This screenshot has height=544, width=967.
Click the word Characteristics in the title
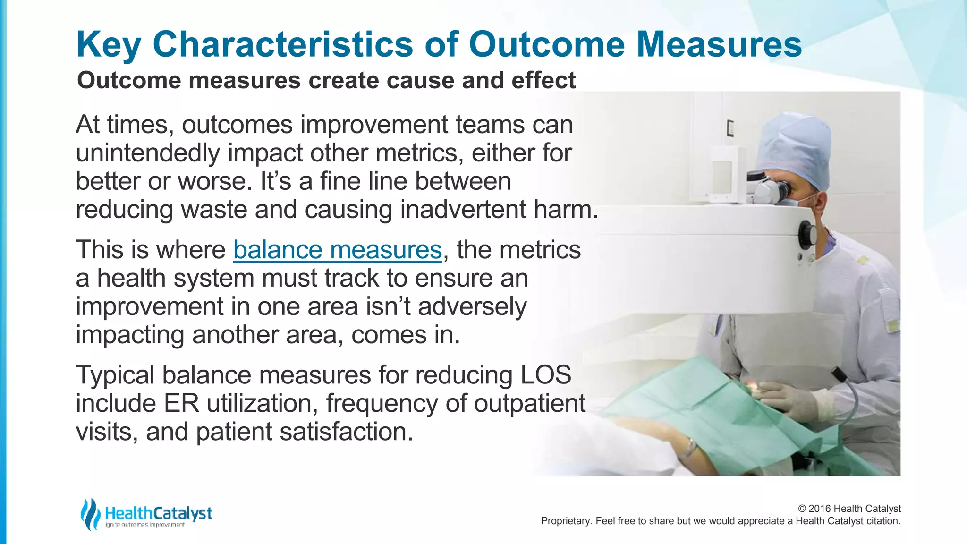click(283, 44)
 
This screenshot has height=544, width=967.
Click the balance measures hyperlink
click(337, 250)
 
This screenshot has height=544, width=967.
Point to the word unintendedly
click(147, 153)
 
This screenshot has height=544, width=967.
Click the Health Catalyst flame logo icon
click(90, 514)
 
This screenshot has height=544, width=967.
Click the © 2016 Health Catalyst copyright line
click(849, 509)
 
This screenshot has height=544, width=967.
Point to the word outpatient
click(529, 403)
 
